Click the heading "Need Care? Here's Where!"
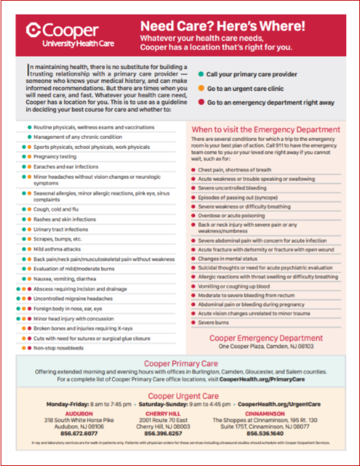point(223,27)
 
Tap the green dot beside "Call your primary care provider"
point(200,74)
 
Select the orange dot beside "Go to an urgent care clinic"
point(200,88)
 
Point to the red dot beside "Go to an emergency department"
point(200,103)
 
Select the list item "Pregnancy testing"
point(56,156)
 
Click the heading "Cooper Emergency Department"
point(266,338)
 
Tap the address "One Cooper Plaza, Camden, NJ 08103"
point(266,346)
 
